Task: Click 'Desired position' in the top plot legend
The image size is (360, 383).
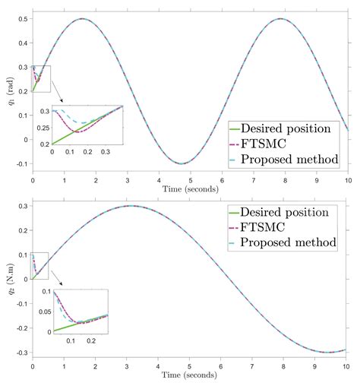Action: pyautogui.click(x=292, y=128)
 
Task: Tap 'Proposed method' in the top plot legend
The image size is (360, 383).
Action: pyautogui.click(x=292, y=159)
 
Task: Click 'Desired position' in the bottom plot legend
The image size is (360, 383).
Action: pyautogui.click(x=292, y=211)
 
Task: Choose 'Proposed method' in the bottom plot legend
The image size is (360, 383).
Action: pyautogui.click(x=292, y=242)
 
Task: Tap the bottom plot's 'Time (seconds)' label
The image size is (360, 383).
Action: pyautogui.click(x=190, y=377)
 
